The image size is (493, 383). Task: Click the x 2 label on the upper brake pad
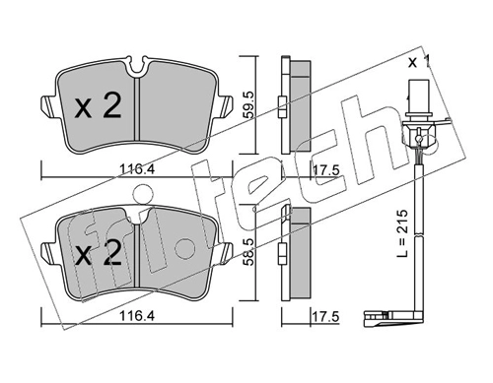(x=98, y=105)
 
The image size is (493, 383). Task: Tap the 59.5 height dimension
(x=249, y=104)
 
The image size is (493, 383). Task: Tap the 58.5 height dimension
(x=249, y=252)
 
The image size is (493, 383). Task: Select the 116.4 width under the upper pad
(x=136, y=169)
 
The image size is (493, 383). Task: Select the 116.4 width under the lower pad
(x=136, y=316)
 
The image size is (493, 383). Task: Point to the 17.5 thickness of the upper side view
(x=325, y=170)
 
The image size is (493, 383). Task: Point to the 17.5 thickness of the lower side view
(x=325, y=317)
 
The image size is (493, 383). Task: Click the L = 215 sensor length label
(x=402, y=233)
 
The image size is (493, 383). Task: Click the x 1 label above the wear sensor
(x=419, y=62)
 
